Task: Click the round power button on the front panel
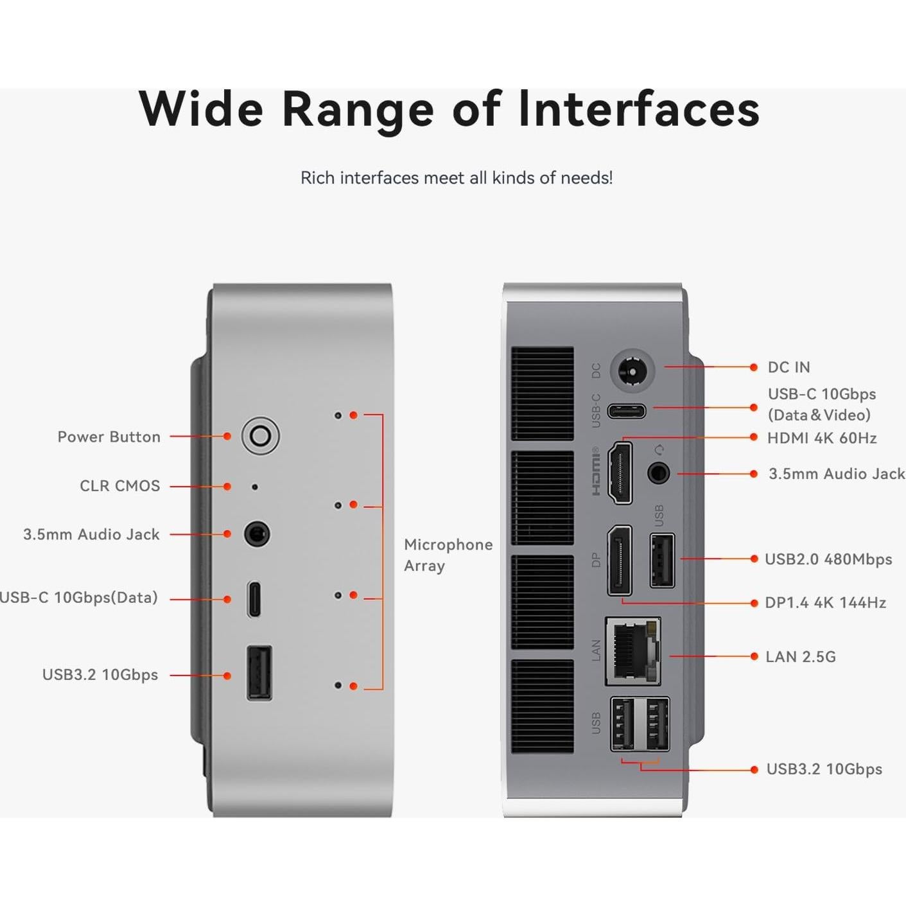coord(260,436)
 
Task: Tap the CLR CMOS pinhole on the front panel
coord(255,487)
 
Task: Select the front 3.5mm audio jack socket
coord(257,534)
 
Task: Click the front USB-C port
coord(254,598)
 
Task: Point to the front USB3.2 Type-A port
coord(259,672)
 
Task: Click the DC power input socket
coord(632,370)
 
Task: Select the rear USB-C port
coord(627,410)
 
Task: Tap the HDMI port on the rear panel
coord(620,473)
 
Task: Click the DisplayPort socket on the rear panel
coord(620,560)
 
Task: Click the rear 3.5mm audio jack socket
coord(658,474)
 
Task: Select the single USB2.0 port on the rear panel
coord(662,560)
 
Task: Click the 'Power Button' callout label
coord(109,437)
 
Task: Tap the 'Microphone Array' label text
coord(448,555)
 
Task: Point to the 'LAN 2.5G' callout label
coord(800,657)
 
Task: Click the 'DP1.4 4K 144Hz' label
coord(825,603)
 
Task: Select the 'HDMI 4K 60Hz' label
coord(822,438)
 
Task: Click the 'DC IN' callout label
coord(788,367)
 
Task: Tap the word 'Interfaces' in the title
coord(639,109)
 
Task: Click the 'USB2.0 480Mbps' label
coord(828,559)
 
